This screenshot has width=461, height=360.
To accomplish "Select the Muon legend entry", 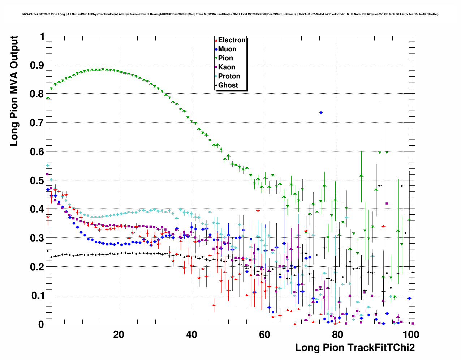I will tap(227, 49).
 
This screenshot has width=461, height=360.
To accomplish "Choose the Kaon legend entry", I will tap(227, 67).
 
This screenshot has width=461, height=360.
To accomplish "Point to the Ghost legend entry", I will tap(228, 85).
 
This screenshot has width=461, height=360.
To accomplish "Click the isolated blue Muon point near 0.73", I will tap(321, 113).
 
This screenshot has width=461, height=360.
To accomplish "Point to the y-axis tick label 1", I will tap(42, 37).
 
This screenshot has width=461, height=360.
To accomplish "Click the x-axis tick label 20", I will tap(119, 335).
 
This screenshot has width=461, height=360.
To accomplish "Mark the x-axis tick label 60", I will tap(264, 335).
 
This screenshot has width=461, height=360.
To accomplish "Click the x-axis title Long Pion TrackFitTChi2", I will tap(355, 348).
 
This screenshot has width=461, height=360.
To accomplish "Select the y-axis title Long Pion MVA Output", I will tap(14, 91).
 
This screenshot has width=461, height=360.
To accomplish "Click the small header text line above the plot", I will tap(230, 14).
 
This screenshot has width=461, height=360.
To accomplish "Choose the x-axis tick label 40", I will tap(191, 335).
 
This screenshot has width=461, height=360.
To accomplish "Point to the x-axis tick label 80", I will tap(337, 335).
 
